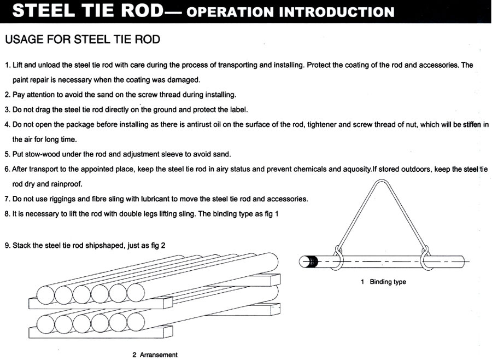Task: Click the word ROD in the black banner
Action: coord(143,10)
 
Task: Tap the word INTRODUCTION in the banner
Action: coord(337,12)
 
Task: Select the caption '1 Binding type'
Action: coord(383,282)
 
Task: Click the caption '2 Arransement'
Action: coord(155,355)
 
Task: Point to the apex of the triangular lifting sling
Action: coord(382,181)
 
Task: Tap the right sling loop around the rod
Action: coord(425,258)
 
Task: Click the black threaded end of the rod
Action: coord(313,262)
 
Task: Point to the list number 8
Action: coord(7,214)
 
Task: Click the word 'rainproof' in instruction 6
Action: coord(67,184)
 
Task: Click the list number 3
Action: coord(7,110)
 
